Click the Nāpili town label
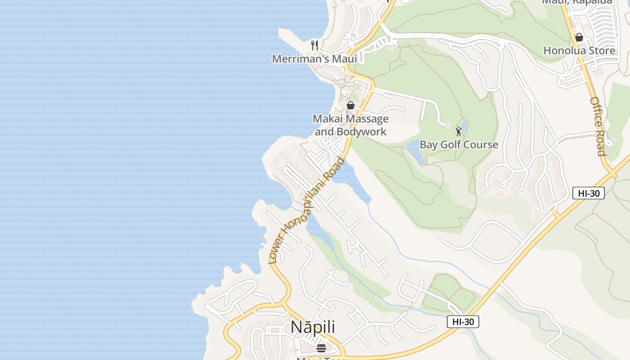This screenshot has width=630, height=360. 313,327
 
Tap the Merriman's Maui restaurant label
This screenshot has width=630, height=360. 314,59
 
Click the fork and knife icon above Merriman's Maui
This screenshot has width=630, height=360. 315,45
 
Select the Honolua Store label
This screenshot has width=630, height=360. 579,50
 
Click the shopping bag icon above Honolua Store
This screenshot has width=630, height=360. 579,37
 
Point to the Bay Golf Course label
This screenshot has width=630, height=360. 459,144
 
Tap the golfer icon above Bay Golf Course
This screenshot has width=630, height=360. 459,131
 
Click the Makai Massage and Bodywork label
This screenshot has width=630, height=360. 351,125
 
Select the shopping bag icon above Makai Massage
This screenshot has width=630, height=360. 351,105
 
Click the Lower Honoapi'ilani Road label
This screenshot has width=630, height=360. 306,211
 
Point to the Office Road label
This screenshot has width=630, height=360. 598,126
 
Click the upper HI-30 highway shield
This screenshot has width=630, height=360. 588,193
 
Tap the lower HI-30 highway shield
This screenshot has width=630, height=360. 463,322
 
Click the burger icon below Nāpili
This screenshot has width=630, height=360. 321,348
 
